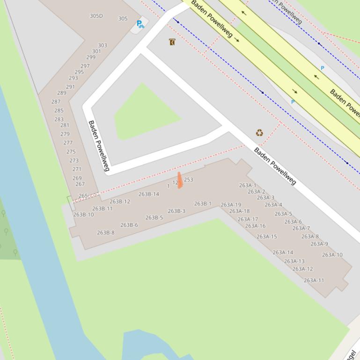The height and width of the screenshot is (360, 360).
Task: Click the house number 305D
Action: click(96, 16)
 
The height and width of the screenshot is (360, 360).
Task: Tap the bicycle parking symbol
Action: click(140, 24)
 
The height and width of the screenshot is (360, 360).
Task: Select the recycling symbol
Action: click(259, 133)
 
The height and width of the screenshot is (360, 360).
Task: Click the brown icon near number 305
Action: click(172, 42)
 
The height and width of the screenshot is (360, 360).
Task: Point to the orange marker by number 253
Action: click(180, 180)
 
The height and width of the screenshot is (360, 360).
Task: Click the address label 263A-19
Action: click(231, 205)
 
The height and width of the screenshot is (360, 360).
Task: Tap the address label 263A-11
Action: click(314, 281)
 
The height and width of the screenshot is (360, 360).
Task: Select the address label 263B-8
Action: click(106, 232)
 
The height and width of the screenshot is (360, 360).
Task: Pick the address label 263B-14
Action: click(149, 194)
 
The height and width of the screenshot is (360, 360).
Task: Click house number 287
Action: click(56, 101)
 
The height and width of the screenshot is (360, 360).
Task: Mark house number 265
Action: click(83, 196)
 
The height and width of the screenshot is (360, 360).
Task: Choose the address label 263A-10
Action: click(332, 255)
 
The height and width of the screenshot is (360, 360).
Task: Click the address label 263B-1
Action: click(203, 204)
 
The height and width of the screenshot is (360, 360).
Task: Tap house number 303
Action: click(103, 45)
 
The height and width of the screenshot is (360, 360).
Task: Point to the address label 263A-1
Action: click(248, 185)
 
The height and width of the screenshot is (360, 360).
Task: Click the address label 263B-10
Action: click(84, 215)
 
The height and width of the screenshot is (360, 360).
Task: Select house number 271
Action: click(77, 169)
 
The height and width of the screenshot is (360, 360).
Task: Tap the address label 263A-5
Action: click(283, 214)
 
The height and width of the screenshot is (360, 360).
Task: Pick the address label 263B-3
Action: click(176, 211)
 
